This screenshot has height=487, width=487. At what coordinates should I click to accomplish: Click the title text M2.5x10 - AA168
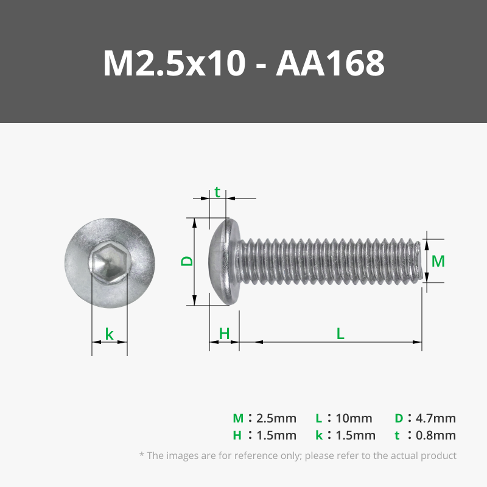(243, 63)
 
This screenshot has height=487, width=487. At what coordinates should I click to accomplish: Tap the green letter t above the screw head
(217, 192)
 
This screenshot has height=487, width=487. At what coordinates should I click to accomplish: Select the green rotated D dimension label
(187, 261)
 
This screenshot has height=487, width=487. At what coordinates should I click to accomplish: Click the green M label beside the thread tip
(438, 261)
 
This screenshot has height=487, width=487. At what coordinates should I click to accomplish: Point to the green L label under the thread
(340, 334)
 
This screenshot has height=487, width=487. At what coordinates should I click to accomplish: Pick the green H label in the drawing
(224, 334)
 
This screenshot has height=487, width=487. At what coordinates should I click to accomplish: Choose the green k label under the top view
(110, 334)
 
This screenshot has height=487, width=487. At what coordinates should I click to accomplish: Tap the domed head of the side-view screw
(224, 262)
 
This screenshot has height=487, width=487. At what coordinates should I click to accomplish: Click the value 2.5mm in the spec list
(276, 418)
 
